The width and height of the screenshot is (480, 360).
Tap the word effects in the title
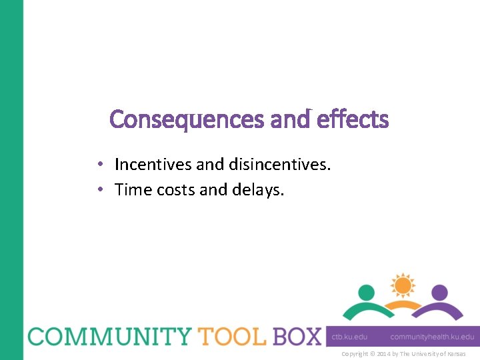click(353, 119)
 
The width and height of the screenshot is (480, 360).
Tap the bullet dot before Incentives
click(99, 165)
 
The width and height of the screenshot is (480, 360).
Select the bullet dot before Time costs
click(99, 191)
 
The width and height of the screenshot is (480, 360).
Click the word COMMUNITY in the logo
click(107, 336)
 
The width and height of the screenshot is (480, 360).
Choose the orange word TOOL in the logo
click(228, 336)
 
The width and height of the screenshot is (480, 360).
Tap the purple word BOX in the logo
click(296, 336)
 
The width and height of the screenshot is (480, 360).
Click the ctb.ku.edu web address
click(350, 337)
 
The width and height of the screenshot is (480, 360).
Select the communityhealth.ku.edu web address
click(432, 337)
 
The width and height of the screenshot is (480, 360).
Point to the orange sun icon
click(403, 286)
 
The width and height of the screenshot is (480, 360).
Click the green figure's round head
click(367, 293)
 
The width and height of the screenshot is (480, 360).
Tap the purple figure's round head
click(439, 293)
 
